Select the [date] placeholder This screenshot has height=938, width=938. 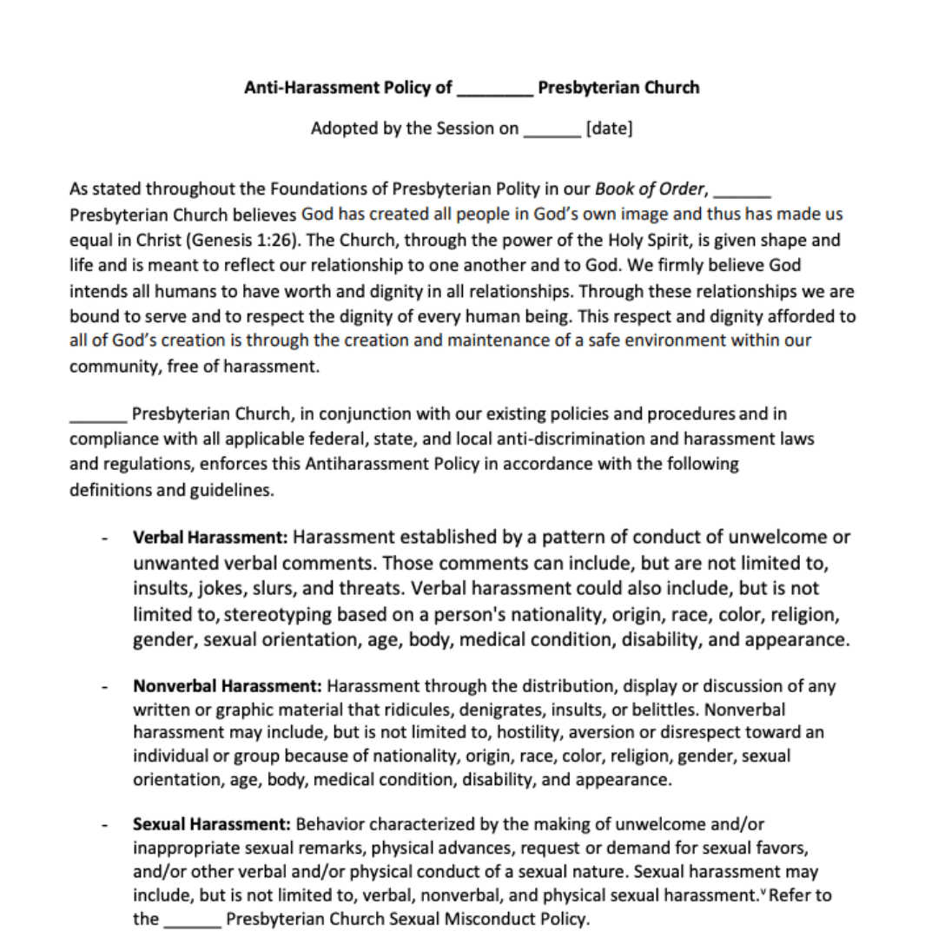point(609,129)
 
